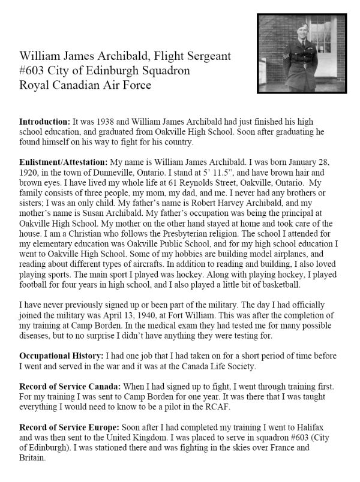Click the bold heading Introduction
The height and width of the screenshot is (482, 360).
[47, 119]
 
